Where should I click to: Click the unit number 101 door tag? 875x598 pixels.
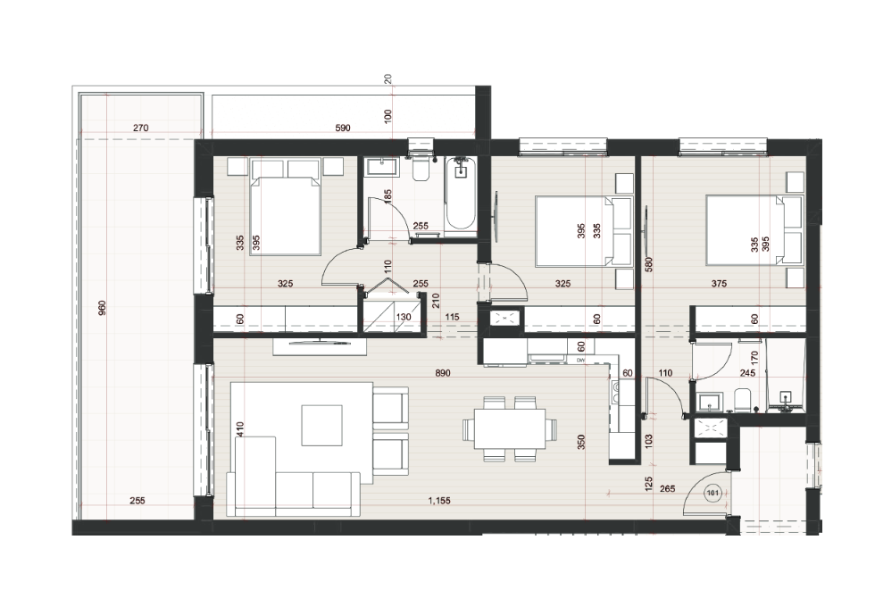pyautogui.click(x=712, y=493)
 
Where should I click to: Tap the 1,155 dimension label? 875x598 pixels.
pyautogui.click(x=439, y=501)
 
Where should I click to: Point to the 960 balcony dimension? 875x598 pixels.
pyautogui.click(x=102, y=308)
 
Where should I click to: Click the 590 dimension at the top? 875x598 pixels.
pyautogui.click(x=343, y=128)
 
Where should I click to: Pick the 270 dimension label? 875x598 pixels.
pyautogui.click(x=141, y=128)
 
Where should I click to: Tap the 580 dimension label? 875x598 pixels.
pyautogui.click(x=648, y=264)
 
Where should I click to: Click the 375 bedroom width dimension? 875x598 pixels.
pyautogui.click(x=719, y=284)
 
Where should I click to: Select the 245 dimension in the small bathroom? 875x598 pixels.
pyautogui.click(x=747, y=373)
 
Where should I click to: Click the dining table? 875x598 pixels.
pyautogui.click(x=510, y=428)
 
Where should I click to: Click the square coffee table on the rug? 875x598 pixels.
pyautogui.click(x=322, y=425)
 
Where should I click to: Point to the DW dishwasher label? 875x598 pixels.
pyautogui.click(x=580, y=360)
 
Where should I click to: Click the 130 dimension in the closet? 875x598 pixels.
pyautogui.click(x=403, y=317)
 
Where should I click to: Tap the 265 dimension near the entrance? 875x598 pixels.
pyautogui.click(x=667, y=489)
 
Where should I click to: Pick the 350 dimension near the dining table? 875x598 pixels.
pyautogui.click(x=581, y=443)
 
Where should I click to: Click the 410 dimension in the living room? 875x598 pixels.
pyautogui.click(x=240, y=428)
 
